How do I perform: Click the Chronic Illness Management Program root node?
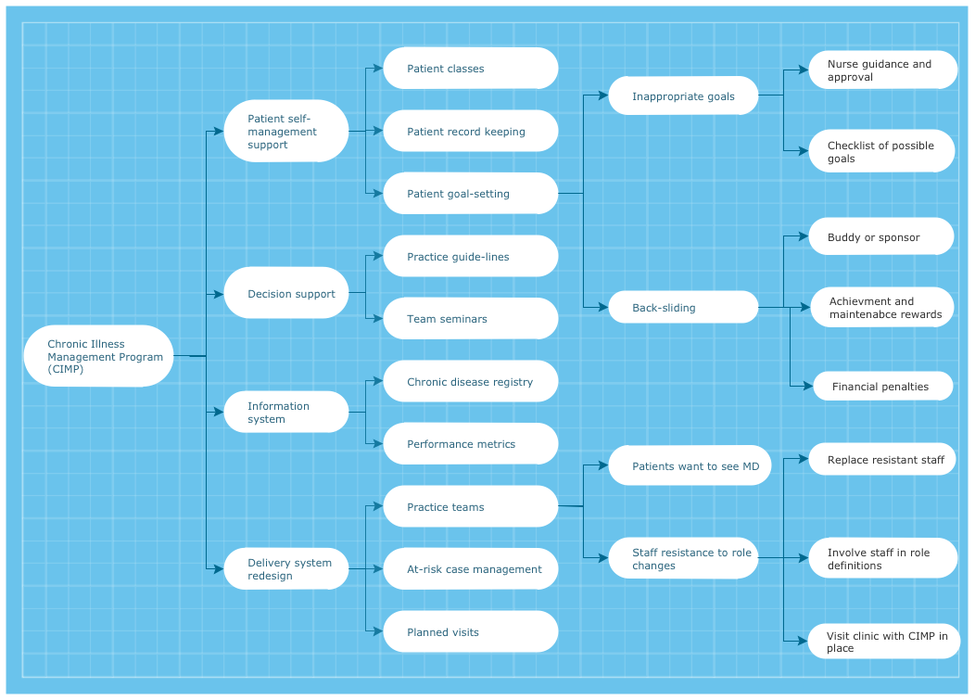point(98,356)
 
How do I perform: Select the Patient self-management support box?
point(286,131)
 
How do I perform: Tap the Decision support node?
point(286,294)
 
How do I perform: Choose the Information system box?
point(286,413)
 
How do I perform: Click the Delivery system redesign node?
point(286,568)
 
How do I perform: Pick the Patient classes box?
point(471,69)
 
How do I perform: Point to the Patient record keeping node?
point(471,132)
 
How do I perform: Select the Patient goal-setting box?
point(471,194)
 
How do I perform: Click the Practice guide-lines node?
point(471,257)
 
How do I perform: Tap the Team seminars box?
point(471,319)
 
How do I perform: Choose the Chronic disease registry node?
point(471,381)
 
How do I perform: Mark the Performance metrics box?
point(471,444)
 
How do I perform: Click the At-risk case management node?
point(471,569)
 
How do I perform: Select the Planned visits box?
point(471,632)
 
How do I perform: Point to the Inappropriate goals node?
point(683,95)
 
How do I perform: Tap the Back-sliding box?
point(683,307)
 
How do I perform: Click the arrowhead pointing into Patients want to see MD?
point(603,465)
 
